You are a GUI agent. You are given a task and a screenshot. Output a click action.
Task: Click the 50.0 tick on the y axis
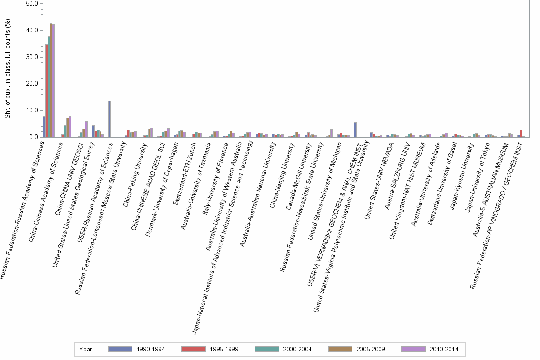32,4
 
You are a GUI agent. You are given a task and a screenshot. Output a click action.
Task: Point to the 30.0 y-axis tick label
32,57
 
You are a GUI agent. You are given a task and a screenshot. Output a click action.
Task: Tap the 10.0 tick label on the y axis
32,110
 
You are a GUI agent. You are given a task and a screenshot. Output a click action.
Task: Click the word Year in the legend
86,349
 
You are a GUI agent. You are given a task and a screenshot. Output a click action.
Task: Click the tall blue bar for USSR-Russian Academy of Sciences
110,119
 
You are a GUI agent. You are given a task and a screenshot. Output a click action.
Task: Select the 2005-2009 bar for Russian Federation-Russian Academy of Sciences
51,80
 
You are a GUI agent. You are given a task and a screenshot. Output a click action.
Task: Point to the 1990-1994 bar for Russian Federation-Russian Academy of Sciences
44,127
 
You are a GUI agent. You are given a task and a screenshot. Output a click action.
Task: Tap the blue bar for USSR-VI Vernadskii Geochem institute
355,130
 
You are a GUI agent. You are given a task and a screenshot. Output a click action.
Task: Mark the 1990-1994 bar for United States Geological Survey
93,131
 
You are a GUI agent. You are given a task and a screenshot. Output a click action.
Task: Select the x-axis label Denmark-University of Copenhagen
154,180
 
